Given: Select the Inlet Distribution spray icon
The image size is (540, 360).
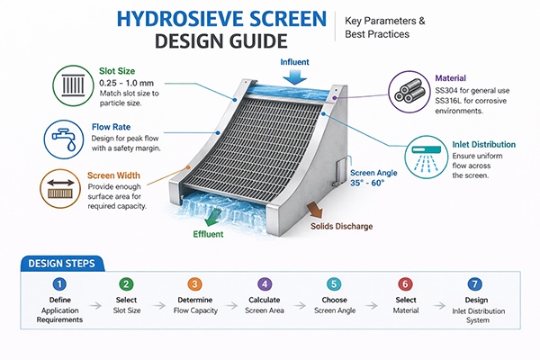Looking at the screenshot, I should click(429, 153).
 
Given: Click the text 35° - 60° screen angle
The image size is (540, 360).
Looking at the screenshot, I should click(370, 183).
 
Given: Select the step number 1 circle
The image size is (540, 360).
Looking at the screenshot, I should click(58, 284).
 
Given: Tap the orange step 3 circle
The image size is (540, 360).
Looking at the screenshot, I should click(195, 284).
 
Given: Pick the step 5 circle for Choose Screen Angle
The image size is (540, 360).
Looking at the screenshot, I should click(334, 284).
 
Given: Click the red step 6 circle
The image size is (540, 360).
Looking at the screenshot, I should click(405, 284).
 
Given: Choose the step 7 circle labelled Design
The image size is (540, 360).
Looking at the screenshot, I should click(476, 284).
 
